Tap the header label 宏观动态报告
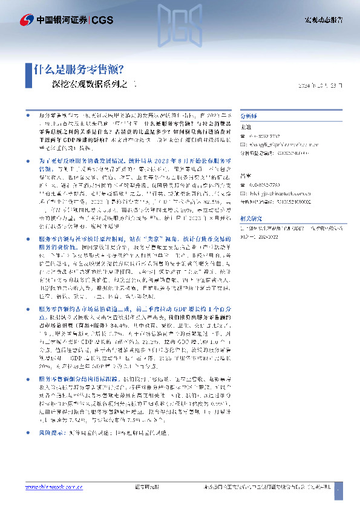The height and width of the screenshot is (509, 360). [x=323, y=20]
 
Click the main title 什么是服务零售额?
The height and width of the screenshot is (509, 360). [x=79, y=69]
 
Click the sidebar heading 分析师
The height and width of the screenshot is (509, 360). [x=249, y=114]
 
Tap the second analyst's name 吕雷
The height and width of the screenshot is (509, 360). [x=246, y=176]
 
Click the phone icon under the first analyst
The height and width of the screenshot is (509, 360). [x=243, y=136]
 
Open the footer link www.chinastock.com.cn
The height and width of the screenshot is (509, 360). [x=52, y=488]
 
